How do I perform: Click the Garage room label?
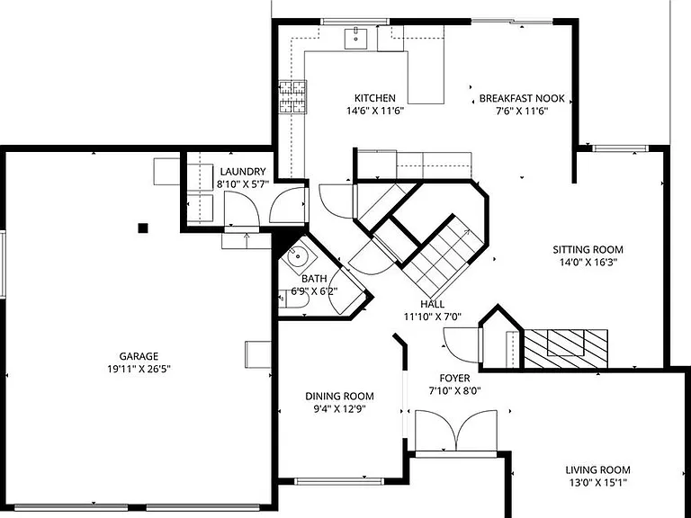tap(139, 356)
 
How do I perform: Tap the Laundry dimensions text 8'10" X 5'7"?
tap(242, 184)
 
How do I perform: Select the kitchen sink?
tap(355, 39)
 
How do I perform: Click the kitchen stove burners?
tap(292, 97)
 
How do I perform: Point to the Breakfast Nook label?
tap(522, 98)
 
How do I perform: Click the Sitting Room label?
tap(588, 250)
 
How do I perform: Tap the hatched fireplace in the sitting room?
tap(566, 348)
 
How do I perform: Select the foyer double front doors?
tap(456, 432)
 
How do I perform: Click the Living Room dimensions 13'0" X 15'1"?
tap(597, 483)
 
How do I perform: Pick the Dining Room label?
tap(339, 397)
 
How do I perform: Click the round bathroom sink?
tap(298, 255)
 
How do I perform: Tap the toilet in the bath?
tap(293, 299)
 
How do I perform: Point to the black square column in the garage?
tap(143, 228)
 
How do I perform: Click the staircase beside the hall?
tap(442, 258)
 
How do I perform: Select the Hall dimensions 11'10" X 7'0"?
tap(432, 317)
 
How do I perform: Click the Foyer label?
tap(454, 378)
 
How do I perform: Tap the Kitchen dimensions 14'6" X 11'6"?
tap(375, 111)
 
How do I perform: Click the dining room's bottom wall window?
tap(339, 481)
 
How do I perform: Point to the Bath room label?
tap(314, 279)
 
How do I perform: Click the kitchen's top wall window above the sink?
tap(355, 22)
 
